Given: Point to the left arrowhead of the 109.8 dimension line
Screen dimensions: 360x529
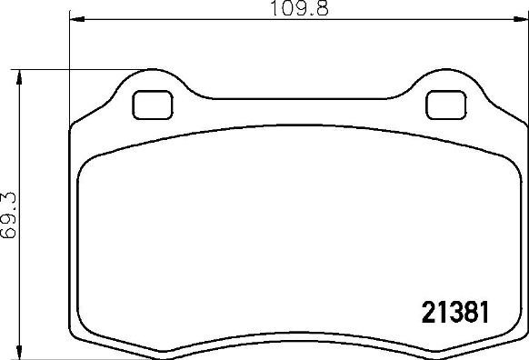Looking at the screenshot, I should pyautogui.click(x=75, y=19).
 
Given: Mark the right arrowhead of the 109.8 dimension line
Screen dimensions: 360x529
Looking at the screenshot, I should pyautogui.click(x=519, y=19).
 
